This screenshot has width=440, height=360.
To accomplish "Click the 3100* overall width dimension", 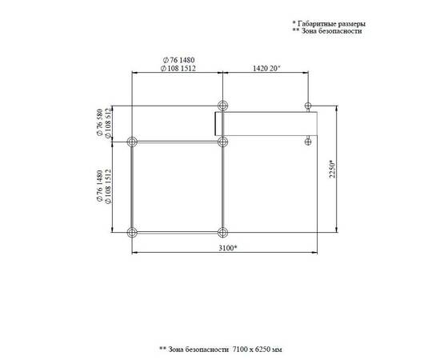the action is coord(228,248).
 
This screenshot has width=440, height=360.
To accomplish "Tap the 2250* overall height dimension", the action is coord(333,169).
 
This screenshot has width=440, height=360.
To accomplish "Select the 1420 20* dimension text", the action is coord(266,68).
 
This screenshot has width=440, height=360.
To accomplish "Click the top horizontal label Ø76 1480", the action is coord(178,60).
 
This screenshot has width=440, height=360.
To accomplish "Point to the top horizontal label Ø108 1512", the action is coord(178,68).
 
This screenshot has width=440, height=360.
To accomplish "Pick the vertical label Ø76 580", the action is coord(100,122).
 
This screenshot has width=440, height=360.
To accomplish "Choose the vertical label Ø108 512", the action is coord(108,123).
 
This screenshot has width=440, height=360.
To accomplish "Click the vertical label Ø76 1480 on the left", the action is coord(100,186).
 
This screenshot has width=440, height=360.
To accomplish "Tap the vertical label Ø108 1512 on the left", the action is coord(108,186).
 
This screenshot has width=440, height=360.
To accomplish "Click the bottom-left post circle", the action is coord(132,232).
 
